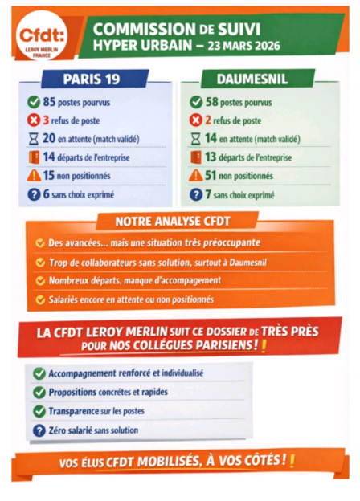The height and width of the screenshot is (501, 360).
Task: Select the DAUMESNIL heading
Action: point(252,79)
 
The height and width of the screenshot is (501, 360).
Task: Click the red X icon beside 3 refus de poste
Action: point(34,121)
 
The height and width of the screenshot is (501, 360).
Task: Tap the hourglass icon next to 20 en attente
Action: point(34,139)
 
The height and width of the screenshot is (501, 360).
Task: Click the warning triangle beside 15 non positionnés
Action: point(34,176)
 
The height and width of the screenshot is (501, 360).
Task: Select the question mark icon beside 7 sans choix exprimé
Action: point(196,194)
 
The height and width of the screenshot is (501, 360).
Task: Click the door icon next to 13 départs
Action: point(196,157)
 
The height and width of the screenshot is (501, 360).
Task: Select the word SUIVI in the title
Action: point(260,28)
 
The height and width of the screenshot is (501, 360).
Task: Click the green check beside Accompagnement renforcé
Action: point(39,373)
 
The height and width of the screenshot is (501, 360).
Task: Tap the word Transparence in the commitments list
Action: point(76,411)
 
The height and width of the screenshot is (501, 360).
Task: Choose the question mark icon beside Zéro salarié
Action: point(39,430)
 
